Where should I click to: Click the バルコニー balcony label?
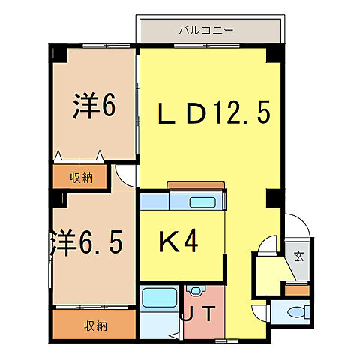[x=206, y=31]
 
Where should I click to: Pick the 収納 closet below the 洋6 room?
[x=82, y=178]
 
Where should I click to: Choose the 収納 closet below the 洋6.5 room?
[x=94, y=325]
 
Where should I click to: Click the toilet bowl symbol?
[x=298, y=313]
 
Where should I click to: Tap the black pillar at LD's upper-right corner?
[x=275, y=55]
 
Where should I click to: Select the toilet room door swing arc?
[x=259, y=312]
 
